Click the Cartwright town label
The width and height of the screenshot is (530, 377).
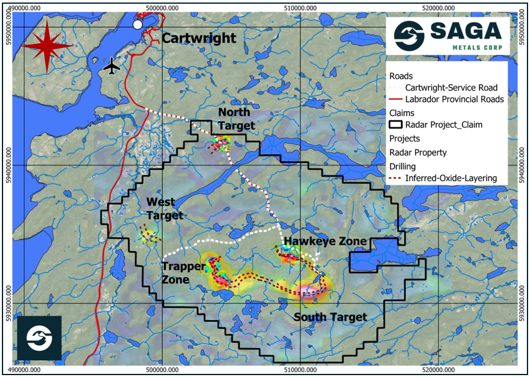tap(199, 38)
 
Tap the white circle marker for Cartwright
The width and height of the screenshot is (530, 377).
tap(138, 24)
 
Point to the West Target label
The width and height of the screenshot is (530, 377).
tap(165, 209)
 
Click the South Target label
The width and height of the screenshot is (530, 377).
tap(330, 317)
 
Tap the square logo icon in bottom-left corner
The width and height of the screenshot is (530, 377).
tap(39, 338)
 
